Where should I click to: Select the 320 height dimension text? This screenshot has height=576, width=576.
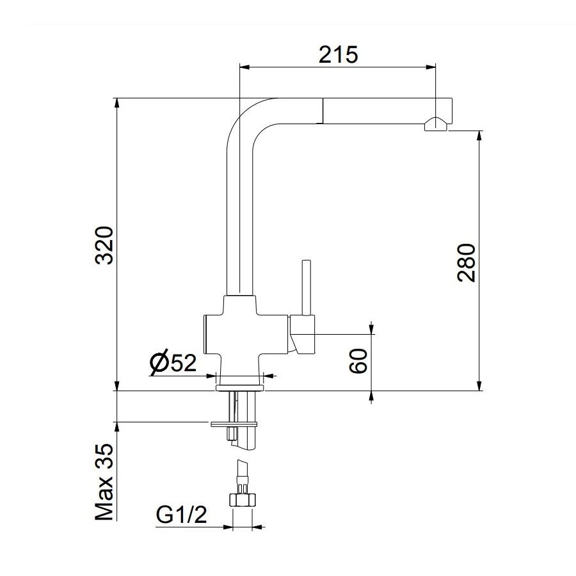coord(104,245)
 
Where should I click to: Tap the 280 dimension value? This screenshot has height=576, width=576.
coord(467,262)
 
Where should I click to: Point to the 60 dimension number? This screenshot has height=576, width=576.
coord(359,362)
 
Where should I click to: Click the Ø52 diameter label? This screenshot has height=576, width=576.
coord(173,363)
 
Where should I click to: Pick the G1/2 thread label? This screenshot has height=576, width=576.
coord(181,515)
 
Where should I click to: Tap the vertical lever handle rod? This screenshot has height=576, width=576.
coord(306,287)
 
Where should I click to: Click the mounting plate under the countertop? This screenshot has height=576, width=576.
coord(234,423)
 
